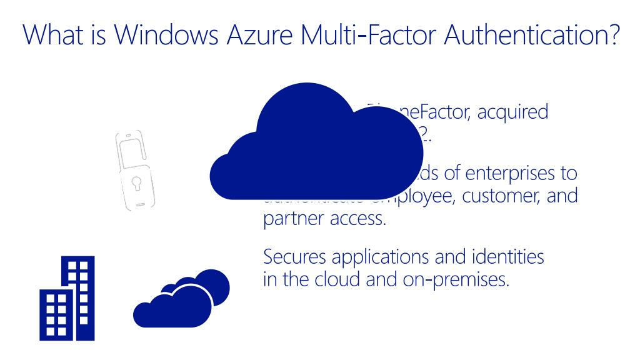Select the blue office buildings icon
coord(67,299)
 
